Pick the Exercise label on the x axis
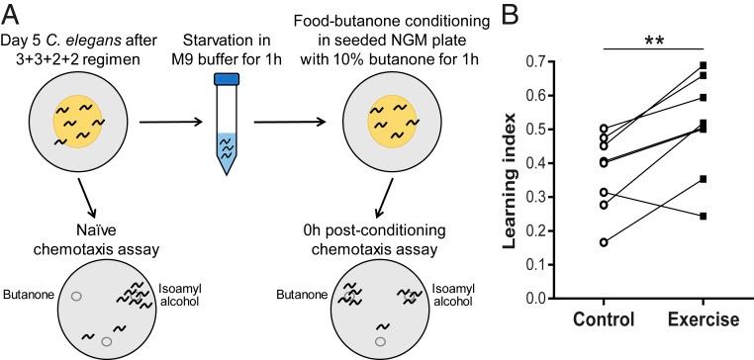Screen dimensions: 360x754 [703, 322]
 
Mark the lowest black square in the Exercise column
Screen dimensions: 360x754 [705, 216]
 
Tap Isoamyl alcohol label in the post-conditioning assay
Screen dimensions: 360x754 [455, 289]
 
